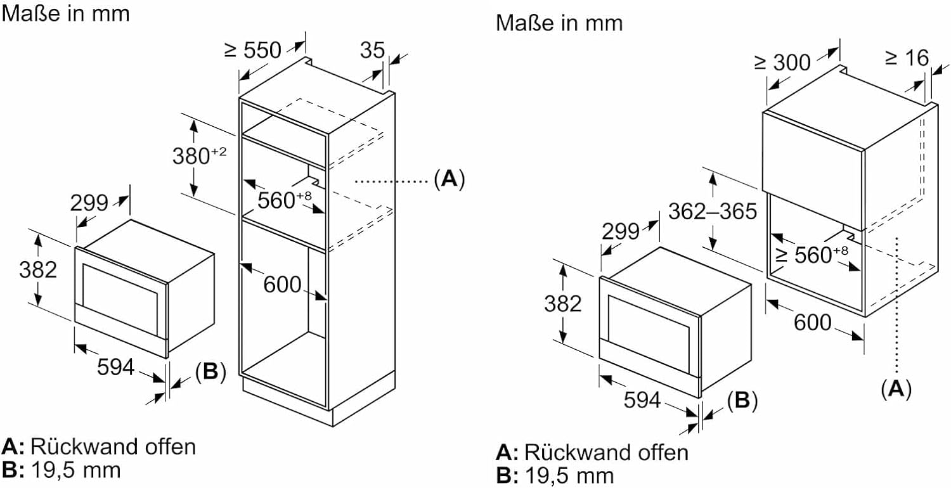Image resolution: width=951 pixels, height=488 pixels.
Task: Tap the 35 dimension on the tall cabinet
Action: point(372,50)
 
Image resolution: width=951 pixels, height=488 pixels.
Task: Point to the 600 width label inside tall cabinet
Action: point(282,285)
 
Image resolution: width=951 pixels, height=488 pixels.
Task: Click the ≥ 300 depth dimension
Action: point(782,62)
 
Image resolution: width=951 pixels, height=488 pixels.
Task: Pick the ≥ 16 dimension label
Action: point(906,58)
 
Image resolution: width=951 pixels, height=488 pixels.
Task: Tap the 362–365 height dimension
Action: point(713,210)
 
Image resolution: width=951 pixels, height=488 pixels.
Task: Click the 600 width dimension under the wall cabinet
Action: point(812,322)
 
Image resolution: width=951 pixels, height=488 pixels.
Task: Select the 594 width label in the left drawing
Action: point(115,366)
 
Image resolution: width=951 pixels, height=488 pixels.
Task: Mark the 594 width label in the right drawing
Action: point(642,400)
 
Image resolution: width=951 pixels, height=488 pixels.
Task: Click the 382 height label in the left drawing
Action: point(38,269)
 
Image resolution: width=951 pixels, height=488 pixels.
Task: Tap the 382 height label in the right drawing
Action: point(562,304)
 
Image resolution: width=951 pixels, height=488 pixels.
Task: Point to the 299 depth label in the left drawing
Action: point(89,203)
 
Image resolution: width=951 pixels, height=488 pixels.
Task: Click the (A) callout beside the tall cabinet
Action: point(449,180)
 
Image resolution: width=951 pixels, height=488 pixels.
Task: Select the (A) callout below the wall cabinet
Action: point(896,388)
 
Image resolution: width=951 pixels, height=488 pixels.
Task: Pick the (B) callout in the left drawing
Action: point(210,372)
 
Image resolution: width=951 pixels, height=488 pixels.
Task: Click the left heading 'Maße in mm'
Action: point(65,13)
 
